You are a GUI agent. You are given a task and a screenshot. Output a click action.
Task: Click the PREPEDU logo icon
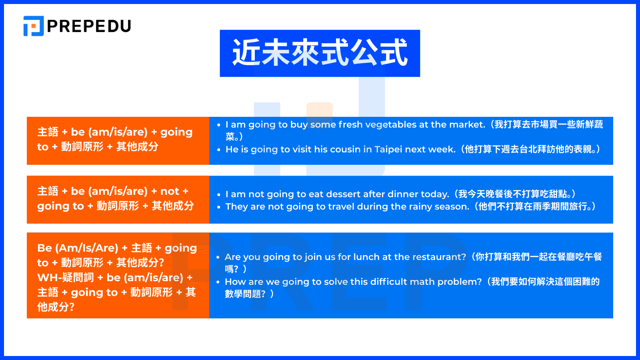point(33,26)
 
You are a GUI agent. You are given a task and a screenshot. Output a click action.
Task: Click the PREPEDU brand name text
point(89,26)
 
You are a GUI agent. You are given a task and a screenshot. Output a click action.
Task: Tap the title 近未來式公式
point(320,53)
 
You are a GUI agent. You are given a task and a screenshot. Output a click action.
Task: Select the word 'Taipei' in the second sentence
point(388,150)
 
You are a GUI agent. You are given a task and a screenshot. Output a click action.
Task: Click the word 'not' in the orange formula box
point(170,191)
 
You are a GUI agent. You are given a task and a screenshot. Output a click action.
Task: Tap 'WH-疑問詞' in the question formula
point(65,278)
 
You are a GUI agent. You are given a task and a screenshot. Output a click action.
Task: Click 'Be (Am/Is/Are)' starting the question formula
point(78,248)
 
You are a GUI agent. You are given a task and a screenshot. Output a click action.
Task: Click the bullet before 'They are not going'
point(219,207)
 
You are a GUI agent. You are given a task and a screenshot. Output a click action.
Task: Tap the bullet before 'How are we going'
point(218,282)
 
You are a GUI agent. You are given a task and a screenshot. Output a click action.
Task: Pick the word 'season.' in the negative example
point(452,207)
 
